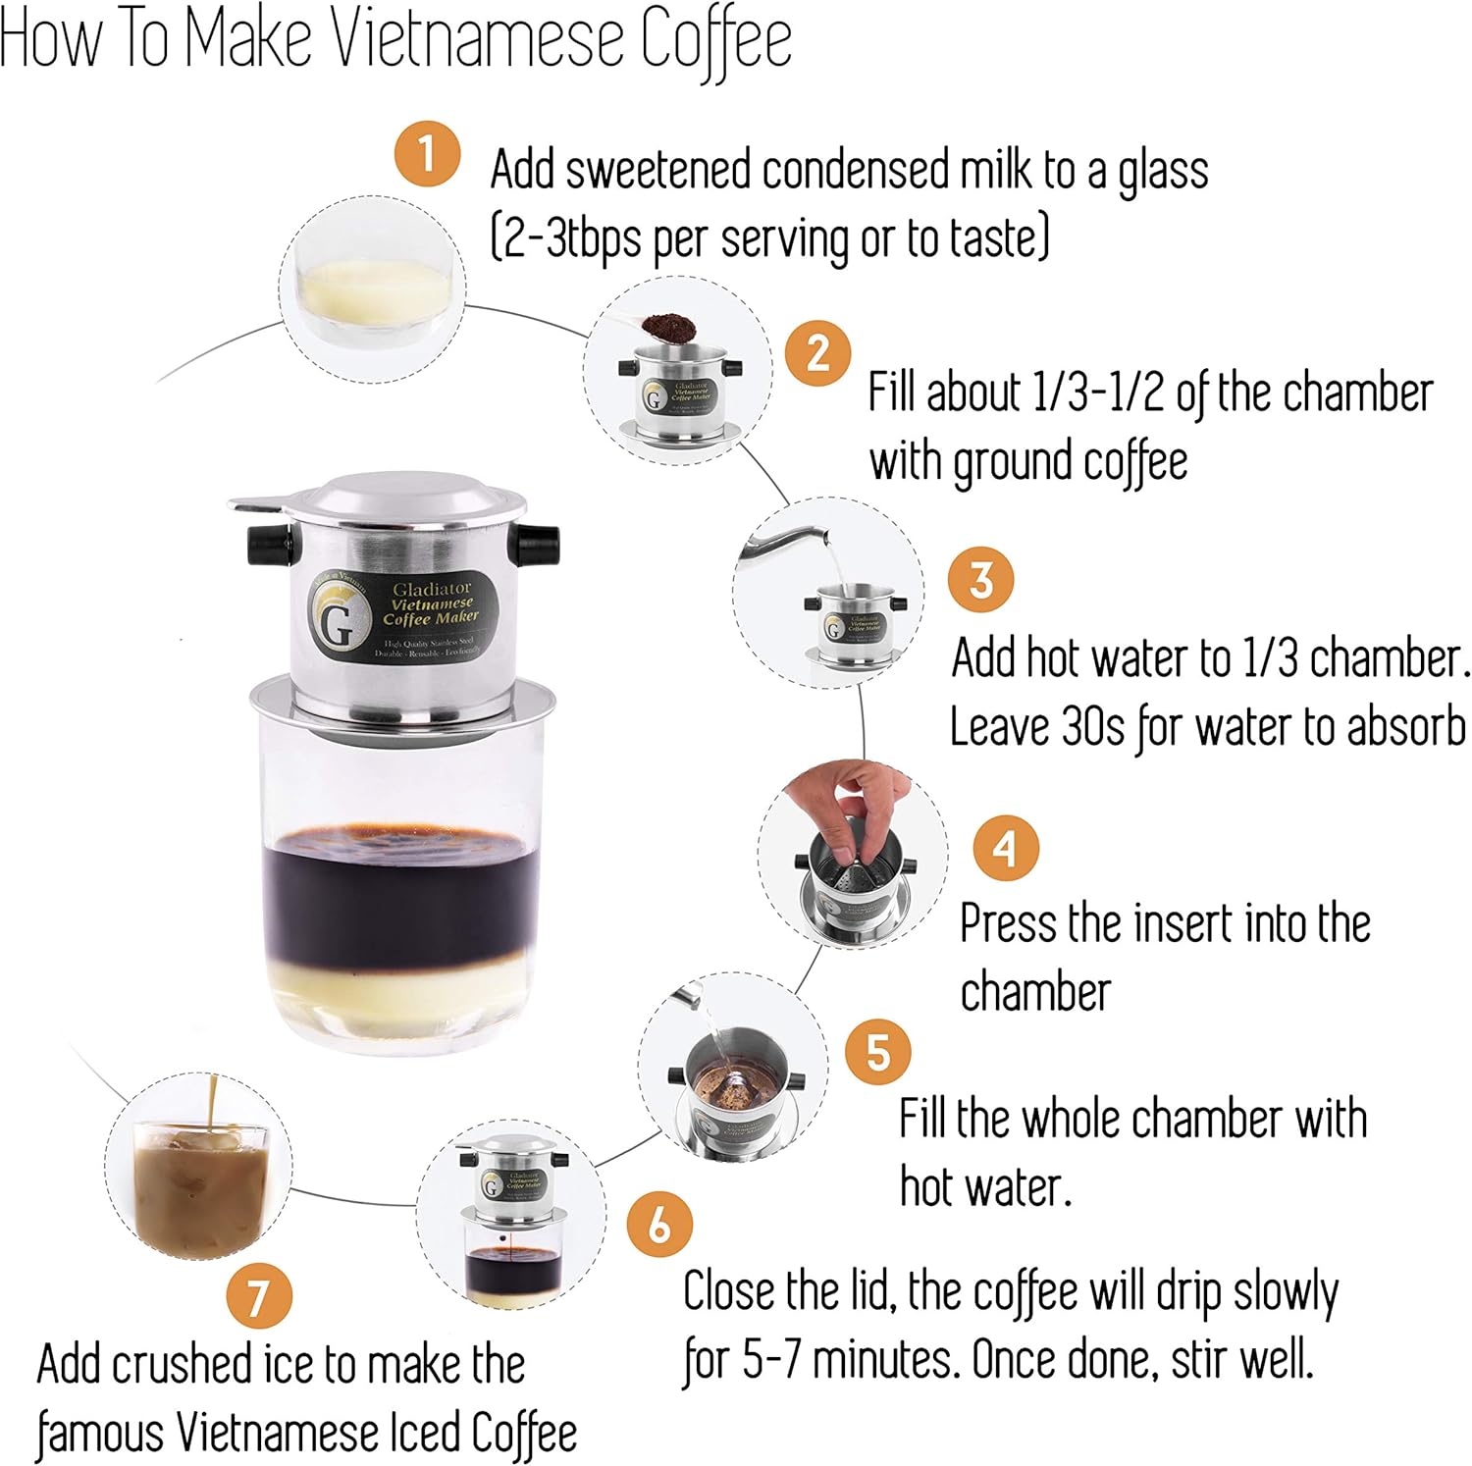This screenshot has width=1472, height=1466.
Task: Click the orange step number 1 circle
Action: coord(427,154)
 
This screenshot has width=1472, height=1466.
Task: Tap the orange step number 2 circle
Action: coord(818,353)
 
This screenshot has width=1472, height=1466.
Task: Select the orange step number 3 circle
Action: coord(980,579)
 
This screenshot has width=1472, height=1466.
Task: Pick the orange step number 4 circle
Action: coord(1006,847)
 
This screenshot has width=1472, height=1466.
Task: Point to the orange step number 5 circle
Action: coord(877,1052)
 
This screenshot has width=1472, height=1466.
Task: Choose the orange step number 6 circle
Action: coord(659,1224)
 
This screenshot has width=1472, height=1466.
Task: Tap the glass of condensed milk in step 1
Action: coord(373,289)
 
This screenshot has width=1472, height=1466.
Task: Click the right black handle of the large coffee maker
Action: coord(538,546)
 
